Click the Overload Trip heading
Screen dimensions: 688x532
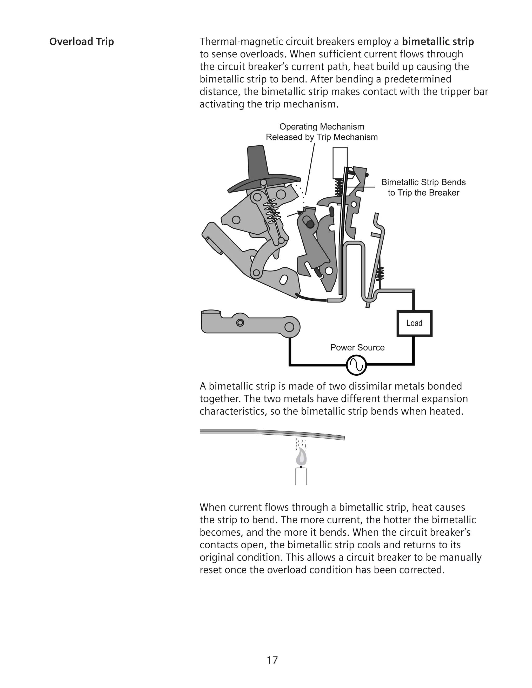tap(81, 42)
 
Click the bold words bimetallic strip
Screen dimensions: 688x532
tap(437, 42)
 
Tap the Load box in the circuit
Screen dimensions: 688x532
tap(414, 323)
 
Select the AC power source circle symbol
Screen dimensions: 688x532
tap(356, 365)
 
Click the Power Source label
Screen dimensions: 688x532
tap(357, 347)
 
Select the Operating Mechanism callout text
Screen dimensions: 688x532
tap(322, 132)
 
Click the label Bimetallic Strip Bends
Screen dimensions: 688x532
tap(423, 183)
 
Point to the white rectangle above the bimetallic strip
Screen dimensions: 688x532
tap(340, 163)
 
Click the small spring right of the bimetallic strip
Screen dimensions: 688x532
tap(380, 273)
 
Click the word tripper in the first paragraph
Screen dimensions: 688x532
tap(456, 92)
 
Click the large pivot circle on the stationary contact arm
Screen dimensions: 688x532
tap(289, 328)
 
